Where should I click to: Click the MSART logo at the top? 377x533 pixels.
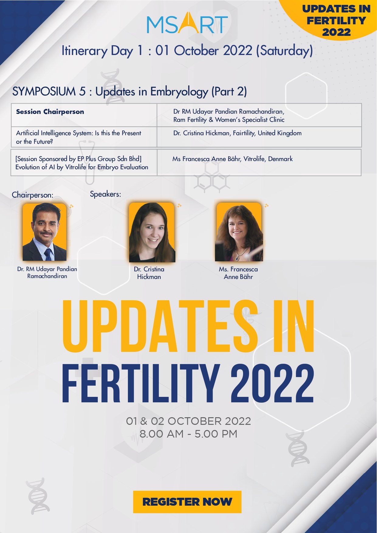click(x=187, y=23)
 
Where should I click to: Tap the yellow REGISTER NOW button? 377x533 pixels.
click(x=187, y=502)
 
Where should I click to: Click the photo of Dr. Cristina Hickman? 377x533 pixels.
click(x=152, y=232)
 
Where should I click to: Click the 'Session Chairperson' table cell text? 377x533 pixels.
click(x=50, y=112)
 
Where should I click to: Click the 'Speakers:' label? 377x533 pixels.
click(x=105, y=194)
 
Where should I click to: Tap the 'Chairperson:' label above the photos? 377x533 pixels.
click(x=33, y=195)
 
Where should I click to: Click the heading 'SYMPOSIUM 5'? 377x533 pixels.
click(x=49, y=91)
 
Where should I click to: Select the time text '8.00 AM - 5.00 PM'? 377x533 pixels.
click(x=188, y=434)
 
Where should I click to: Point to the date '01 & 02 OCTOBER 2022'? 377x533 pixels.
click(x=188, y=421)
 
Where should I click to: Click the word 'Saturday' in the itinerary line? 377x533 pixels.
click(x=284, y=50)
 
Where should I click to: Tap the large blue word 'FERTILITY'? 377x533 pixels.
click(x=141, y=383)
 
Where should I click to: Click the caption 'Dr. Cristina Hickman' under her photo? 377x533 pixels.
click(x=149, y=273)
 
